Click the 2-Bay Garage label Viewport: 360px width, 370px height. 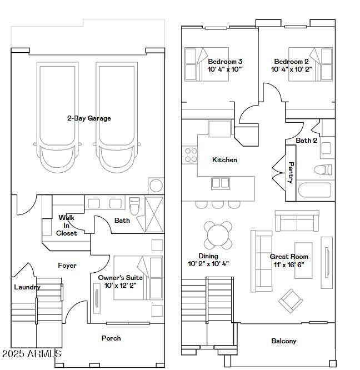(x=89, y=118)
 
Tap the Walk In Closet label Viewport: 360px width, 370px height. (x=67, y=226)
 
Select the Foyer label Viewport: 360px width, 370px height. (x=67, y=266)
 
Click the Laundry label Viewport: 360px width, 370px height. (x=27, y=287)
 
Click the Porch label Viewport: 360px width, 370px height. (x=111, y=338)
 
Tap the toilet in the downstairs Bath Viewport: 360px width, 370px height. (x=134, y=206)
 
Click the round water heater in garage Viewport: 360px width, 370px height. (x=156, y=186)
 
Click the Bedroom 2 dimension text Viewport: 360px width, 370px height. (x=292, y=70)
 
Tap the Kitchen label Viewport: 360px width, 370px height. (x=224, y=160)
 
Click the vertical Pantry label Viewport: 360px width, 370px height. (x=291, y=173)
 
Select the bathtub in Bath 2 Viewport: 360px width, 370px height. (x=314, y=192)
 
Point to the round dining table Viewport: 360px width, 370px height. (x=218, y=236)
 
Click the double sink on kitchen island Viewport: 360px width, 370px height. (x=220, y=183)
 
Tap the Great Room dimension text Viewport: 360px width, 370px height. (x=289, y=264)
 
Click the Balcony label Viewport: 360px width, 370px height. (x=283, y=341)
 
